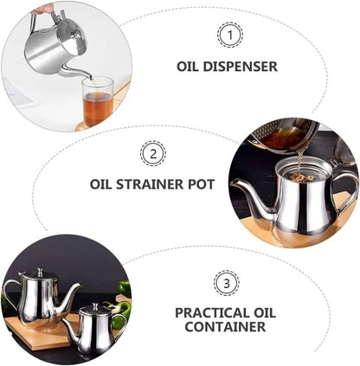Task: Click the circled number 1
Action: point(229,35)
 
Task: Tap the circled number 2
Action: point(153,154)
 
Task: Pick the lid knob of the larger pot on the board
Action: point(38,271)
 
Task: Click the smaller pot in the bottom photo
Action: point(92,329)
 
